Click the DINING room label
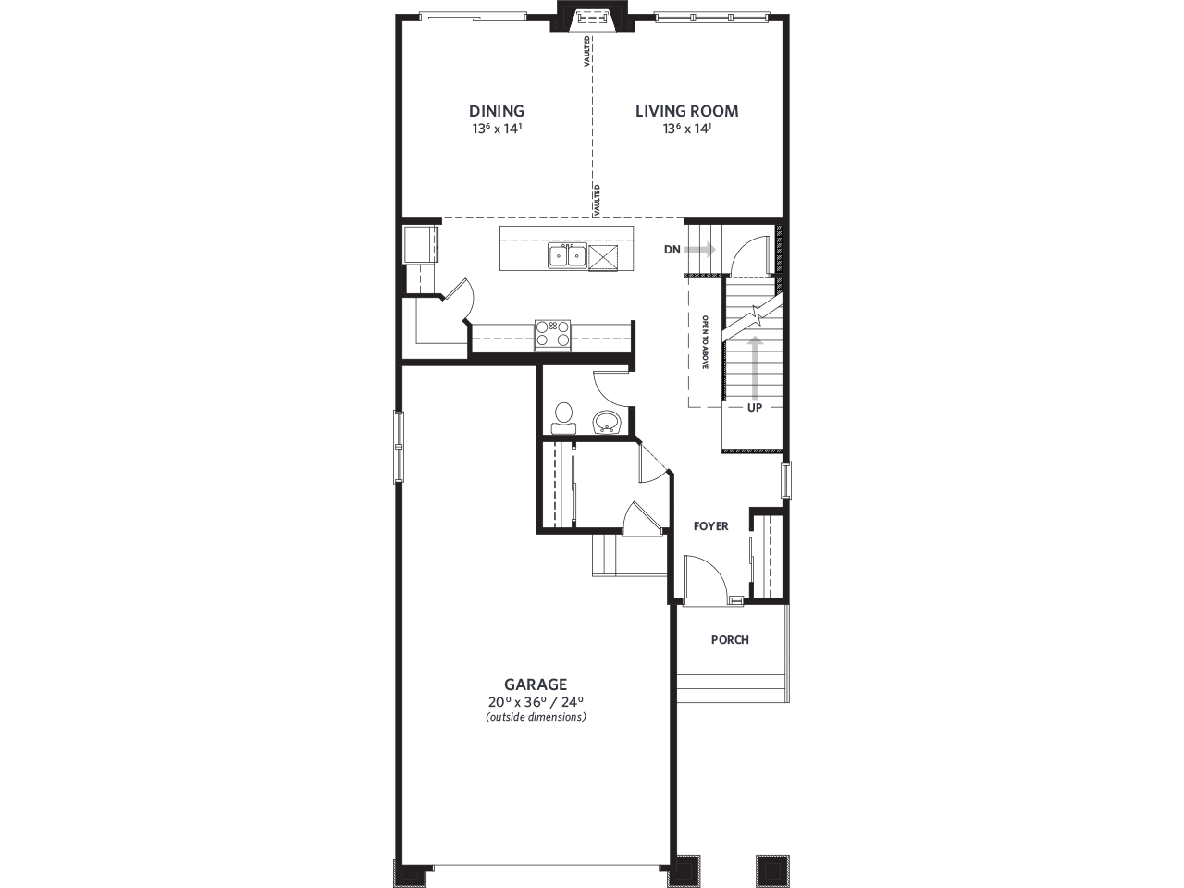[496, 112]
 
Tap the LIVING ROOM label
[686, 112]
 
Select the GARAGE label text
[536, 684]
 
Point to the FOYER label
[711, 526]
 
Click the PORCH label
[730, 640]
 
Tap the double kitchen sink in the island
[565, 256]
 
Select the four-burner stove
[553, 333]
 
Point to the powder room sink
[607, 422]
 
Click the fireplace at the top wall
[588, 19]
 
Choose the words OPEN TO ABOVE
[705, 342]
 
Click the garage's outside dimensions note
[536, 717]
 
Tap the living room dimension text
[686, 129]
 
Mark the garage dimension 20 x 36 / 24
[536, 701]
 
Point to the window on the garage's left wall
[400, 446]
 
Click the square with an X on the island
[603, 257]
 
